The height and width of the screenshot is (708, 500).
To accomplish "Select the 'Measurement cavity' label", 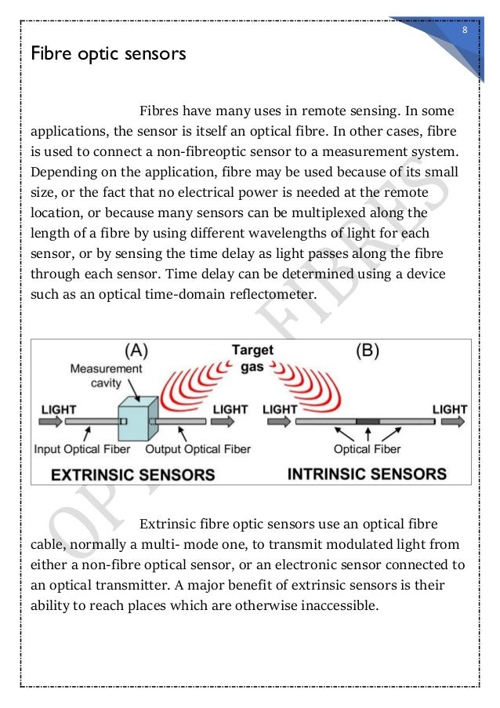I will (x=107, y=374).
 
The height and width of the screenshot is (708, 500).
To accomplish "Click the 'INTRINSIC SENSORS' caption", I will (x=367, y=474).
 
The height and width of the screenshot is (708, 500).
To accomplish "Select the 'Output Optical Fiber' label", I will (x=198, y=449).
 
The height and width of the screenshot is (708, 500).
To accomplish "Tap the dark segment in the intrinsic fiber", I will (x=367, y=421).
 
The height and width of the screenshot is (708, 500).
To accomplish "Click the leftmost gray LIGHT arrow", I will (x=49, y=422).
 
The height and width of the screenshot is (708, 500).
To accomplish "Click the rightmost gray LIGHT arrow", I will (x=451, y=422).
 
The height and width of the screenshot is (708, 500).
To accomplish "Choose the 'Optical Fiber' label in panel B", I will (x=367, y=449).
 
